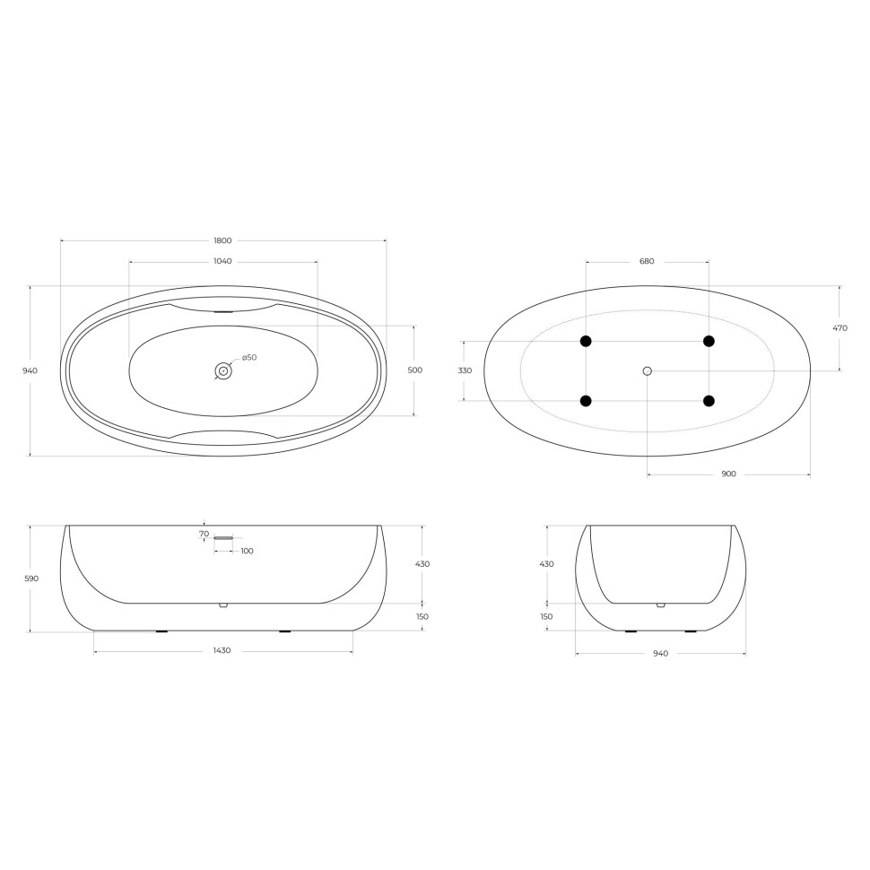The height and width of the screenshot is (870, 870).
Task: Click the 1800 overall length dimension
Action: click(222, 240)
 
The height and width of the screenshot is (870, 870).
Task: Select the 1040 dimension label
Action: click(222, 261)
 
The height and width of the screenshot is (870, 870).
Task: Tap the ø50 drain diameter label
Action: click(248, 358)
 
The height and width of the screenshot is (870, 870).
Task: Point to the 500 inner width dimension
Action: click(414, 370)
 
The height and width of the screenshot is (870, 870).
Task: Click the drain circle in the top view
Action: click(222, 370)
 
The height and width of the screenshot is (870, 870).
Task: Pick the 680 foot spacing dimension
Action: click(647, 261)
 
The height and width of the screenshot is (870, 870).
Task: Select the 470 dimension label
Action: click(840, 328)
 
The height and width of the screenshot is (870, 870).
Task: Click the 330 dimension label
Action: click(465, 370)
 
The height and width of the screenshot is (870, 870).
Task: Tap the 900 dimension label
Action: click(728, 474)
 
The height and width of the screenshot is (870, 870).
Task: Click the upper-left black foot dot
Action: click(586, 341)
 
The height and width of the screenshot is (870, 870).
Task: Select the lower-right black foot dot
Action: click(709, 401)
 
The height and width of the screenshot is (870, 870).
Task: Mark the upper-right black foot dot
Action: click(709, 341)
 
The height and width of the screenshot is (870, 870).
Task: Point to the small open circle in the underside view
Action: click(647, 370)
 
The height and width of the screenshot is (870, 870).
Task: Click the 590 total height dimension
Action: click(31, 579)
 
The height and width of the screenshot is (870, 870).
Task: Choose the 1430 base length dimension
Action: click(222, 650)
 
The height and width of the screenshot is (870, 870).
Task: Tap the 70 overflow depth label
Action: click(204, 534)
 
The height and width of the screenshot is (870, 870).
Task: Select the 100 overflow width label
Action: click(247, 551)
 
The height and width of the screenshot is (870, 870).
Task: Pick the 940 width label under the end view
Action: click(660, 653)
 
